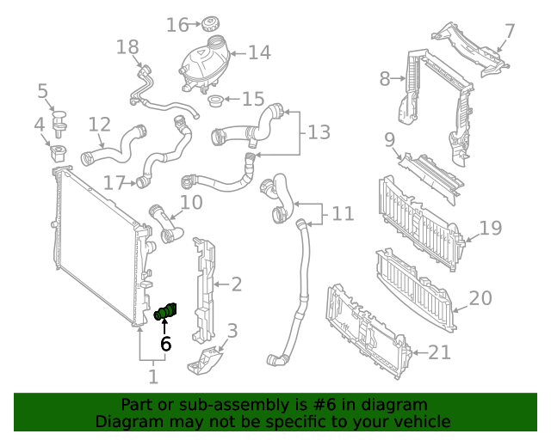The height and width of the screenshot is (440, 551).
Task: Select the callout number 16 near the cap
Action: (177, 25)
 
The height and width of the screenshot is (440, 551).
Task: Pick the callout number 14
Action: (259, 53)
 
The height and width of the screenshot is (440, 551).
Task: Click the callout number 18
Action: (127, 46)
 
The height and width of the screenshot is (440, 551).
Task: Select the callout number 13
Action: (319, 132)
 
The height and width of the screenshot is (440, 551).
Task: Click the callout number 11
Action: (343, 213)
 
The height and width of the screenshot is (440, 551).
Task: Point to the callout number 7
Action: (510, 32)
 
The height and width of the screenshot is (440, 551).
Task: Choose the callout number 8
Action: (385, 79)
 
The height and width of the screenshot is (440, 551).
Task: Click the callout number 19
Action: (490, 229)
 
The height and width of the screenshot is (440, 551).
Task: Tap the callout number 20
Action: (480, 298)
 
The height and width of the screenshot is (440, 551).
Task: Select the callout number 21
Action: (439, 351)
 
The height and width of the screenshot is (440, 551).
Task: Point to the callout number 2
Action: (236, 284)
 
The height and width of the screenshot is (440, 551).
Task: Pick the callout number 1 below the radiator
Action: (153, 376)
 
